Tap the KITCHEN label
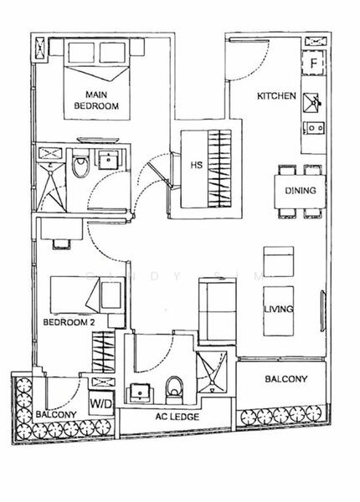point(276,96)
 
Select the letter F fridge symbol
point(312,63)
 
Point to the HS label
point(196,165)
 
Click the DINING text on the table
point(300,191)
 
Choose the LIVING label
point(279,310)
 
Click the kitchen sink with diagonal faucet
point(312,102)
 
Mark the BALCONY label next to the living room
point(285,379)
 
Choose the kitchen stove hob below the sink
point(312,129)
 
